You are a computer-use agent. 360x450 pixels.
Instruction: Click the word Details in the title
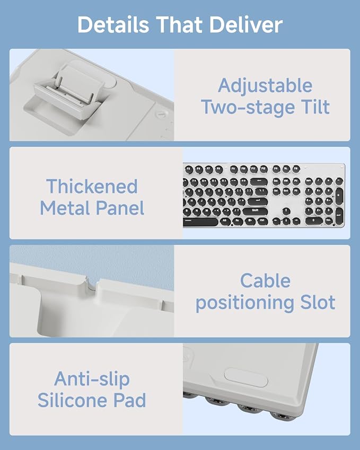(x=113, y=25)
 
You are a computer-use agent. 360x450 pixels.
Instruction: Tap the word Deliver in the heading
(x=246, y=25)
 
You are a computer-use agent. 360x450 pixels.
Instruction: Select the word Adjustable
(x=265, y=85)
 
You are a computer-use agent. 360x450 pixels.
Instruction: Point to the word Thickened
(x=92, y=186)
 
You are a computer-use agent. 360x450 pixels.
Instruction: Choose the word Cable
(x=265, y=280)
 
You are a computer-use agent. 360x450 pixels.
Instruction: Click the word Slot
(x=318, y=302)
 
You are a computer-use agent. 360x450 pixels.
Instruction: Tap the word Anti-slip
(x=92, y=379)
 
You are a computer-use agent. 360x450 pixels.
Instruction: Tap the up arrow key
(x=286, y=211)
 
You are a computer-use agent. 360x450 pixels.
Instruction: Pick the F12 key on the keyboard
(x=264, y=169)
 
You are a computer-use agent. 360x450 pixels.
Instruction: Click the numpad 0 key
(x=314, y=220)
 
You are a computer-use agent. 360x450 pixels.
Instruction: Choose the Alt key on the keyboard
(x=225, y=221)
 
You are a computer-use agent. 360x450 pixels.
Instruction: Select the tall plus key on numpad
(x=339, y=196)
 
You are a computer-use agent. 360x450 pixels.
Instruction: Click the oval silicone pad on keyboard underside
(x=246, y=377)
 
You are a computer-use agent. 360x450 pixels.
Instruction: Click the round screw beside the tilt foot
(x=161, y=114)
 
